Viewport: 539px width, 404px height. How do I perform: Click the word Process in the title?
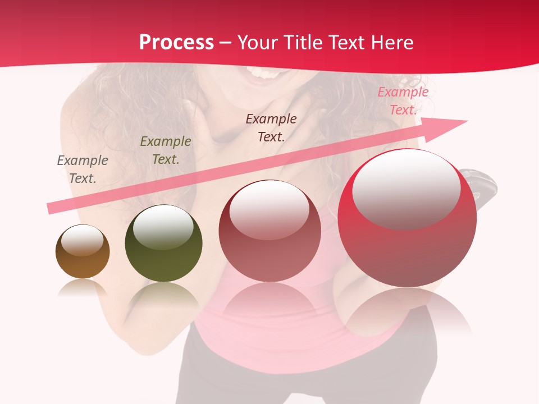176,43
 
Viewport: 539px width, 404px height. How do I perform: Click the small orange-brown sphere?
83,252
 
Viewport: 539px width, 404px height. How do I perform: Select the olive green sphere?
163,244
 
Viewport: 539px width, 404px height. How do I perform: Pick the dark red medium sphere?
270,231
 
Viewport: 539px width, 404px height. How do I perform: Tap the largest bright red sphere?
407,219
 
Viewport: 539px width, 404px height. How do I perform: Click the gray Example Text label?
83,169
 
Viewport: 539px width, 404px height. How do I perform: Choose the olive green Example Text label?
166,150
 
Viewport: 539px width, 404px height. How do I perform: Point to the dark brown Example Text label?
271,127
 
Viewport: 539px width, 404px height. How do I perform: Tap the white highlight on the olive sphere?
163,226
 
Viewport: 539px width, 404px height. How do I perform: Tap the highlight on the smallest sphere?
83,240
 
